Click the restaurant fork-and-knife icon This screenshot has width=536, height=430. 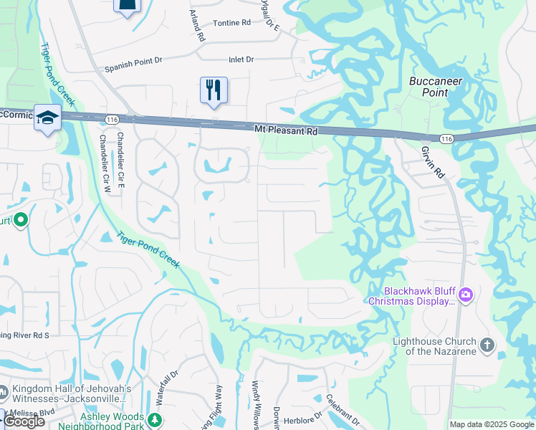tap(214, 90)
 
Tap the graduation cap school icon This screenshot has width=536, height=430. tap(48, 118)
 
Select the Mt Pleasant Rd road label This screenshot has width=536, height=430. tap(286, 130)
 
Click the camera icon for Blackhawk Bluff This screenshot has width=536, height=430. tap(466, 295)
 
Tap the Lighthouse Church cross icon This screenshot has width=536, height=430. tap(487, 345)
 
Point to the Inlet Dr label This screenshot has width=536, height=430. tap(241, 59)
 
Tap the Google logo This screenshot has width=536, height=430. tap(24, 421)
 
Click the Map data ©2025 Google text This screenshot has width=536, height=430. tap(491, 424)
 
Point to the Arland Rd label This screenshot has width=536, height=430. tap(197, 26)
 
